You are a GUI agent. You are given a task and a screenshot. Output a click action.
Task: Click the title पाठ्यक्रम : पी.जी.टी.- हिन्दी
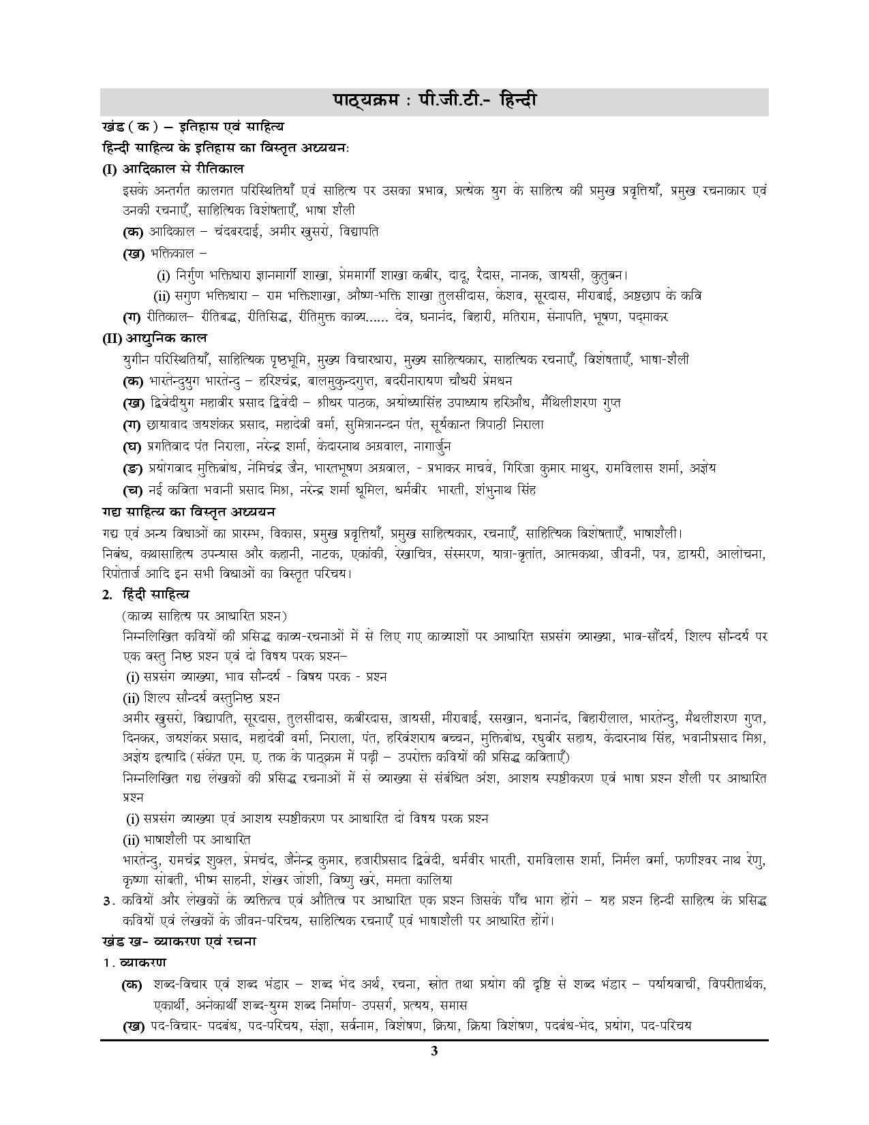click(x=434, y=101)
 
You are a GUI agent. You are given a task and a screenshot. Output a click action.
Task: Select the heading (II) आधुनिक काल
click(x=155, y=338)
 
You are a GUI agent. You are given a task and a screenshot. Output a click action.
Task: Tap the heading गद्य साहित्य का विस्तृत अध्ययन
click(x=187, y=511)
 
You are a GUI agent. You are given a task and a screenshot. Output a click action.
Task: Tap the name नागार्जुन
click(x=431, y=447)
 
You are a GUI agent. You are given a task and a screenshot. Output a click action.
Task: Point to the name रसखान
click(x=505, y=718)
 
